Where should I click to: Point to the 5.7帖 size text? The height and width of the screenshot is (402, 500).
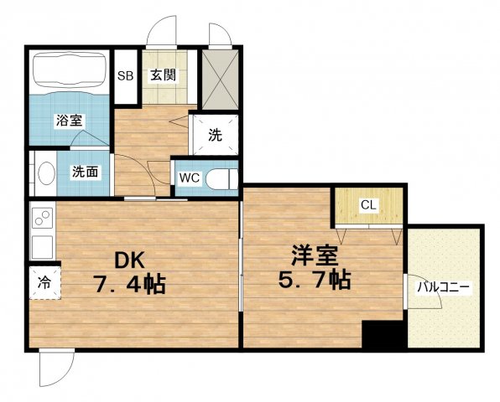coord(315,279)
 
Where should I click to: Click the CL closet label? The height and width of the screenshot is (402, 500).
coord(368,204)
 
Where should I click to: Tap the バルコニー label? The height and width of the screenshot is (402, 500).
coord(445,287)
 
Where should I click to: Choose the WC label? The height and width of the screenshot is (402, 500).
coord(186,178)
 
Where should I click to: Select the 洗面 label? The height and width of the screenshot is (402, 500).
coord(85,173)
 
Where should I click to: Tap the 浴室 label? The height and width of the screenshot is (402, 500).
coord(69,121)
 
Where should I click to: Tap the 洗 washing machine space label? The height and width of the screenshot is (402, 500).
coord(215,133)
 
